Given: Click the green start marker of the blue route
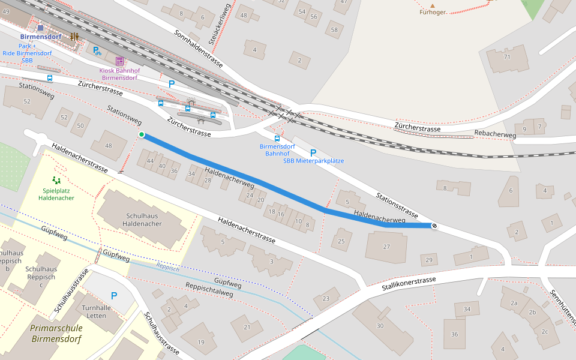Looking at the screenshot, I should tap(142, 134).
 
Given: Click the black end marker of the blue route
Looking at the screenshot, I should tap(434, 226).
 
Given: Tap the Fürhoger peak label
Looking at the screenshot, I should tap(433, 11).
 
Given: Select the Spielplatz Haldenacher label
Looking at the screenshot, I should tap(56, 194).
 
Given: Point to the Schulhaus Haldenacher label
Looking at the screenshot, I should tap(142, 220).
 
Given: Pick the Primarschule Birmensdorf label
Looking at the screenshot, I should tap(56, 333).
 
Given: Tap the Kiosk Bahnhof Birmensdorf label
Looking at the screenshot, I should tap(119, 74).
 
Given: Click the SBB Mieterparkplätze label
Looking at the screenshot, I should tap(313, 161).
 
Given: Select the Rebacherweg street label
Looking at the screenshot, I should tap(495, 135).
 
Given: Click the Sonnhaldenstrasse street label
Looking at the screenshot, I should tap(199, 49).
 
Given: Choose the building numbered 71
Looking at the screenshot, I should tap(507, 57).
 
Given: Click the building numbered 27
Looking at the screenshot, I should tap(386, 247).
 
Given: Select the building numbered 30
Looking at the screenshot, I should tap(380, 325).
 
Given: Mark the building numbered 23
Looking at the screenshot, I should tap(326, 298).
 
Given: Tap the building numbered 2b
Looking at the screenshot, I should tap(532, 312).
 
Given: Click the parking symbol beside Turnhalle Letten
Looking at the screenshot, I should tap(114, 296).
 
